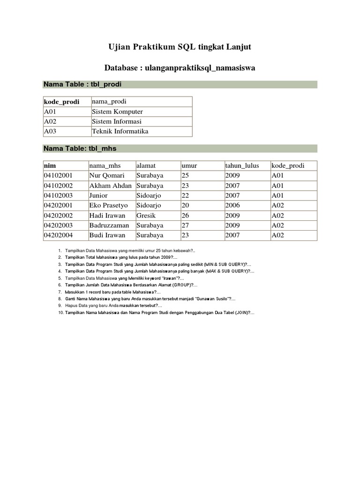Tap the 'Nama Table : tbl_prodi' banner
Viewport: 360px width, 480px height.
tap(83, 84)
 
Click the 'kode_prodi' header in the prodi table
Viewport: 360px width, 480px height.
tap(61, 102)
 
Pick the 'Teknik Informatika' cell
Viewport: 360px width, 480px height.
tap(120, 131)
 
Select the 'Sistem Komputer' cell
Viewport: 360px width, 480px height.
tap(117, 112)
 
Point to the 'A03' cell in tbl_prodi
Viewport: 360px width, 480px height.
tap(50, 131)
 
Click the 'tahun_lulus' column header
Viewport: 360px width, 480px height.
tap(241, 166)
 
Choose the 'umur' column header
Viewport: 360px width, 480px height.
tap(189, 166)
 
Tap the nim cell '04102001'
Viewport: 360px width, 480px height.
tap(58, 176)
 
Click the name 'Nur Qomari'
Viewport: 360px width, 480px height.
tap(106, 176)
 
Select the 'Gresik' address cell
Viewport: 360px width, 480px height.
tap(146, 215)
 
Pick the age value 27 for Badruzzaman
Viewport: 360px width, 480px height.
tap(187, 225)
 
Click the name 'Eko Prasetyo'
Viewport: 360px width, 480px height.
tap(108, 205)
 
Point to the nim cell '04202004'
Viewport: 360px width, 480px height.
tap(58, 235)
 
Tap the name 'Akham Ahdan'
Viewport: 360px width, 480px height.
tap(110, 186)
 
